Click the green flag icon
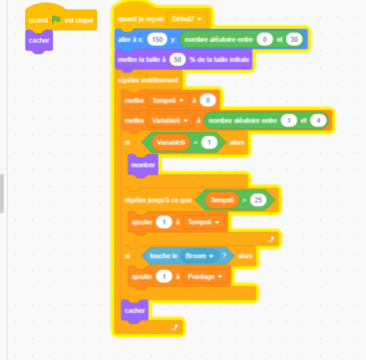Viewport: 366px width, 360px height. click(56, 20)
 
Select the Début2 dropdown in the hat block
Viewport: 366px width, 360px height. click(186, 19)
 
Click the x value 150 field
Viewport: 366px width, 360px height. click(157, 39)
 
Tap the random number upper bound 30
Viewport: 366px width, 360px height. click(294, 39)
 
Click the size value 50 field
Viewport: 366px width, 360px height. click(178, 60)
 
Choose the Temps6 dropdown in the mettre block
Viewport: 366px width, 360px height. click(168, 100)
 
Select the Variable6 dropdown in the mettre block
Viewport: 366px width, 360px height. click(170, 120)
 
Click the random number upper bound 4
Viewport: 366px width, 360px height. click(318, 120)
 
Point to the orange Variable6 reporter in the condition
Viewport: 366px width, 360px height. click(171, 142)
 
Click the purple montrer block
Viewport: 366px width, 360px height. click(143, 165)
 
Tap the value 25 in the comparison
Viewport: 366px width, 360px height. click(258, 200)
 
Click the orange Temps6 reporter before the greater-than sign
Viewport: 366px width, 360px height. click(222, 200)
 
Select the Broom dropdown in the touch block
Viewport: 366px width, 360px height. click(200, 256)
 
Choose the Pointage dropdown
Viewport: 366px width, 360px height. click(205, 277)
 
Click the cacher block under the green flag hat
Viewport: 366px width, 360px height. click(39, 41)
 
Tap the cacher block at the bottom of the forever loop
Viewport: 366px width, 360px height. click(135, 310)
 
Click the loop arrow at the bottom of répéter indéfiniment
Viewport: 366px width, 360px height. click(175, 327)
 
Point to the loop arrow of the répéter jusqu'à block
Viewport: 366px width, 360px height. click(271, 239)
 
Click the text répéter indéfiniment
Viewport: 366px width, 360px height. click(148, 80)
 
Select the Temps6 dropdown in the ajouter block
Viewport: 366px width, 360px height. click(203, 222)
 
